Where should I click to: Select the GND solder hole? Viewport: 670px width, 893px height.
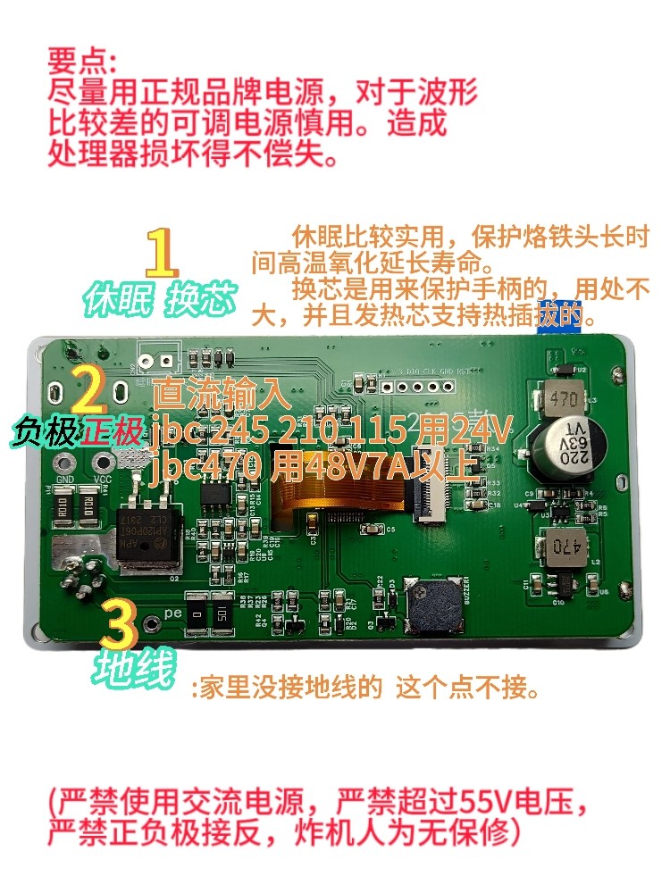[x=64, y=462]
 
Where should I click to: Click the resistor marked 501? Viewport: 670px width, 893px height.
[x=222, y=614]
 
